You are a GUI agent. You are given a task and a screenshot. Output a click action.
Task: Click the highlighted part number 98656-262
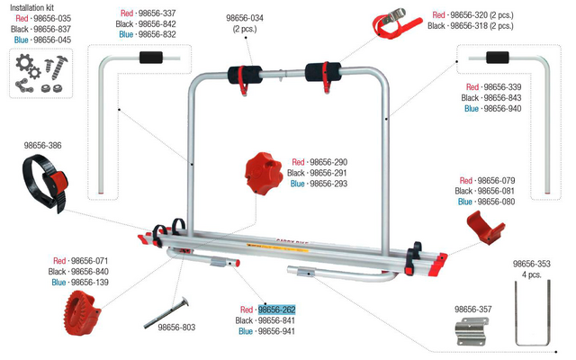(276, 310)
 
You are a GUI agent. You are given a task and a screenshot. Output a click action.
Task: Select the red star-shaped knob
(264, 174)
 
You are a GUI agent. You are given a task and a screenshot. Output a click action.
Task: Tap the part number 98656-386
(42, 146)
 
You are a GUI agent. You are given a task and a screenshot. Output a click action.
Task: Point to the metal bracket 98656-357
(472, 331)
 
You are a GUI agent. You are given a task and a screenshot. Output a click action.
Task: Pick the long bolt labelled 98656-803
(166, 312)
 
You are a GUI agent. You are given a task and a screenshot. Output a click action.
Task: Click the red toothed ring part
(83, 312)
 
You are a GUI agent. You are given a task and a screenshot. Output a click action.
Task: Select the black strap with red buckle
(45, 183)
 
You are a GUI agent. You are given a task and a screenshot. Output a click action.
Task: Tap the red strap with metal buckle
(396, 23)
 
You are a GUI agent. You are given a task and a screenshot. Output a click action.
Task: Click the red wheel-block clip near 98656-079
(485, 227)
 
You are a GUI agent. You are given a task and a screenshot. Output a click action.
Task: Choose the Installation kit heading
(32, 7)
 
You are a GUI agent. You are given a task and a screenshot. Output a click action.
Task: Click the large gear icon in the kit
(24, 63)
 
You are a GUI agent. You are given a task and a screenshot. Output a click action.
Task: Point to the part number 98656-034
(245, 18)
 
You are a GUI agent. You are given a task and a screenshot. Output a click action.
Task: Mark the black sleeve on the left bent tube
(151, 58)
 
